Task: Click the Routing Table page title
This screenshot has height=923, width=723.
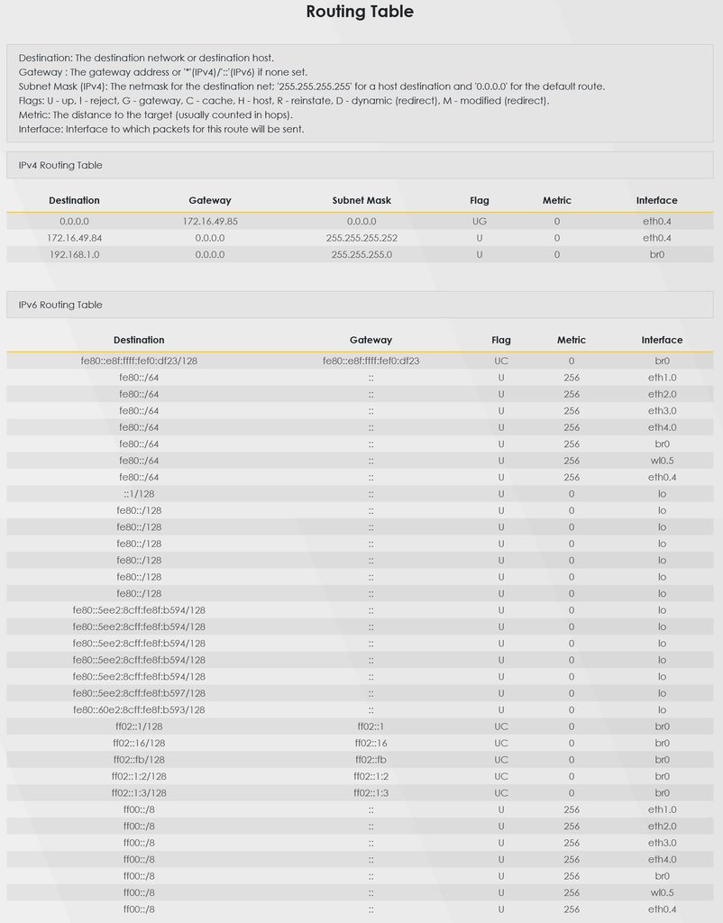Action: [x=360, y=12]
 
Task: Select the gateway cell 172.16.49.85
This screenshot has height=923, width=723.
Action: [x=209, y=221]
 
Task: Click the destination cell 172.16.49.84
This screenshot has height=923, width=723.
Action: [x=74, y=238]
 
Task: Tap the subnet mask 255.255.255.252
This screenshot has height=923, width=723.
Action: [x=361, y=238]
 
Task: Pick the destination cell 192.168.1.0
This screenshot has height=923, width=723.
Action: [x=74, y=255]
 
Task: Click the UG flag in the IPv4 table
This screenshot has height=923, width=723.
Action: [x=479, y=221]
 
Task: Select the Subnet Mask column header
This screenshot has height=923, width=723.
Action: [x=361, y=200]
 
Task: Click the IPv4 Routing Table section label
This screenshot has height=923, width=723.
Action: [x=60, y=166]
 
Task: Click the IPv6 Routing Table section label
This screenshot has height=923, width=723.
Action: [x=60, y=306]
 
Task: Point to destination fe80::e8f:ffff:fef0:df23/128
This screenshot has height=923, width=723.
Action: [x=139, y=361]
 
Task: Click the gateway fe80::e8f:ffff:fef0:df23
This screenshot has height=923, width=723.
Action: [x=371, y=361]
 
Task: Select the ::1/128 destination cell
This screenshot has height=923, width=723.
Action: [x=139, y=494]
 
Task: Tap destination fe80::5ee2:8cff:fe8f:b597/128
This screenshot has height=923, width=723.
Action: [x=139, y=693]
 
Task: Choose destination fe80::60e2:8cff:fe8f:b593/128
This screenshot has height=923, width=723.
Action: [x=139, y=710]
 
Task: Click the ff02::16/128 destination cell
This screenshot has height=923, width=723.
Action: [x=139, y=744]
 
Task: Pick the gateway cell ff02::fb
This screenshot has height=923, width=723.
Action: [x=371, y=760]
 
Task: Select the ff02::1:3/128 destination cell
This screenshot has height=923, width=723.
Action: [x=139, y=793]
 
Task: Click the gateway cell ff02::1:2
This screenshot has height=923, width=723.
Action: [x=371, y=776]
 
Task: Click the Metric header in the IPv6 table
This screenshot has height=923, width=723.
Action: [x=571, y=340]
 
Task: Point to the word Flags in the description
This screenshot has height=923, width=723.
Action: [x=32, y=101]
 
